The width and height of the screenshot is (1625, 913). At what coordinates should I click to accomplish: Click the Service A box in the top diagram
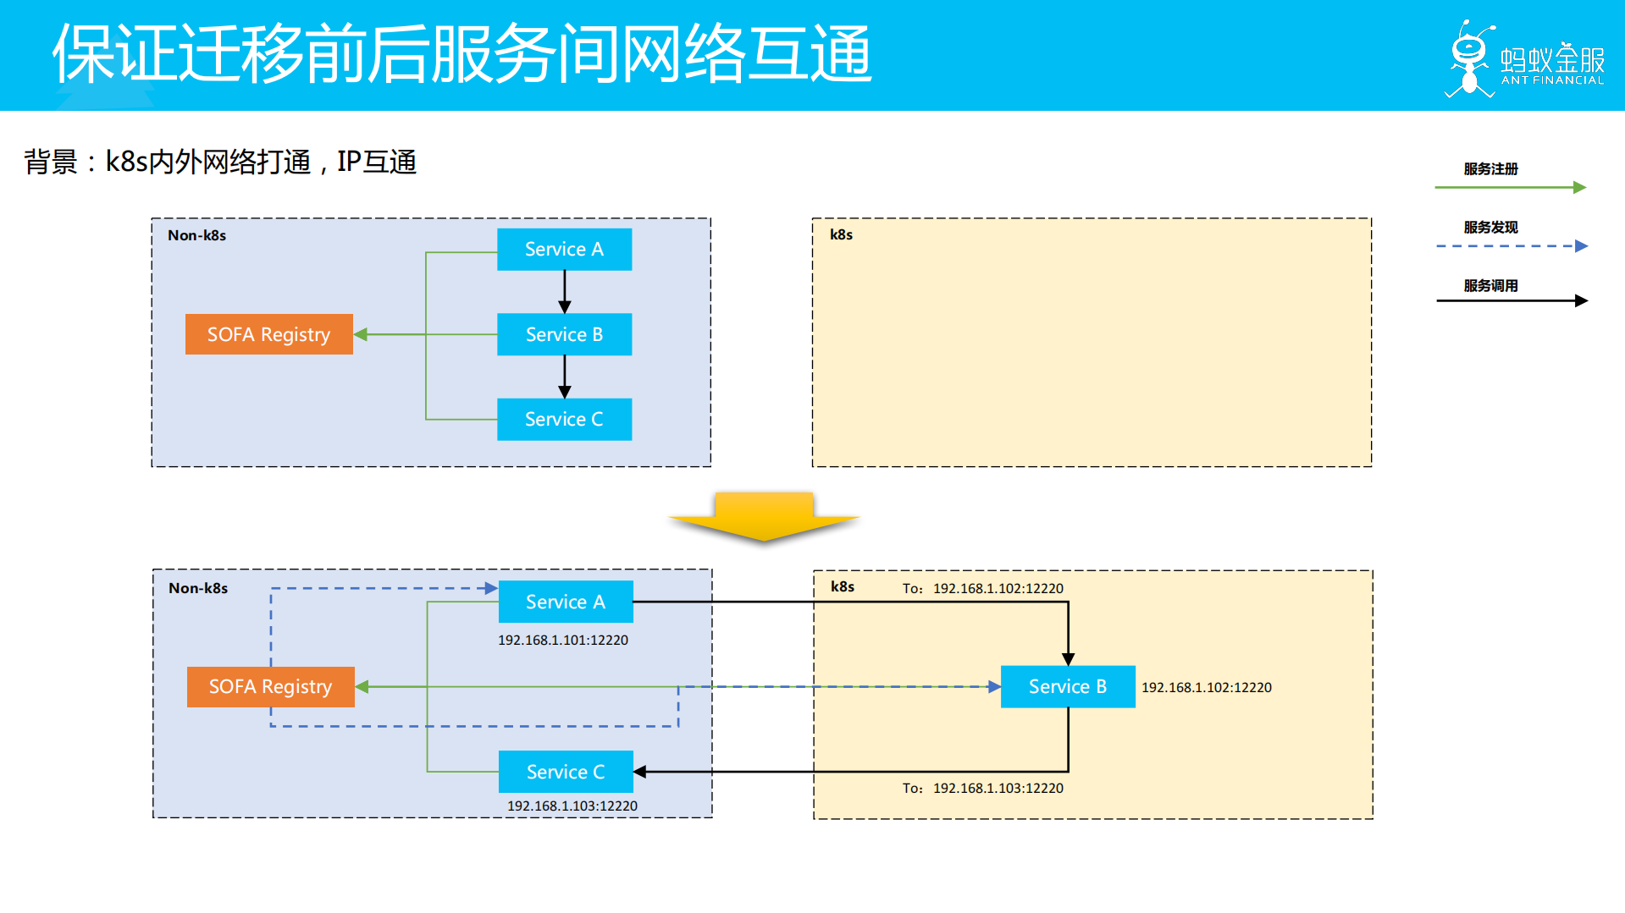pyautogui.click(x=564, y=250)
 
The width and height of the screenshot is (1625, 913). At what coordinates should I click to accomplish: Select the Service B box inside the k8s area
pyautogui.click(x=1067, y=686)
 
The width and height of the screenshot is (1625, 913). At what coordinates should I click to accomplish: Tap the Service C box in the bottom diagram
pyautogui.click(x=565, y=772)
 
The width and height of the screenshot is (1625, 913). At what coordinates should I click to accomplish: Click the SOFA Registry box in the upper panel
pyautogui.click(x=268, y=334)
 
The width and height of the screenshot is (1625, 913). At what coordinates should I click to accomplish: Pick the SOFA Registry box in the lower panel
pyautogui.click(x=270, y=686)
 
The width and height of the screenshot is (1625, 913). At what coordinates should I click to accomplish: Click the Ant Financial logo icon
pyautogui.click(x=1469, y=59)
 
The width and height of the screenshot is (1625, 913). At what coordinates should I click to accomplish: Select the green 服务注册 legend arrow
pyautogui.click(x=1510, y=187)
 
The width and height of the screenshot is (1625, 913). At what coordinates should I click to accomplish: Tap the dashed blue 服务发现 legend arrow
pyautogui.click(x=1511, y=246)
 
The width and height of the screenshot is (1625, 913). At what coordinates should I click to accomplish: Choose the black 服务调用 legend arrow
pyautogui.click(x=1511, y=300)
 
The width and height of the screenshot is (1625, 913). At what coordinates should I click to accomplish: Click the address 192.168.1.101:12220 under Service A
pyautogui.click(x=563, y=641)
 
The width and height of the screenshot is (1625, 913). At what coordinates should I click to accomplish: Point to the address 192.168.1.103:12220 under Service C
pyautogui.click(x=572, y=806)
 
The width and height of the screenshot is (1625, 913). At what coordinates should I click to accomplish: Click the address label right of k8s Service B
pyautogui.click(x=1206, y=687)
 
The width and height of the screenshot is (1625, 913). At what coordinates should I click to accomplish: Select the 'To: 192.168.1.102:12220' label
pyautogui.click(x=982, y=588)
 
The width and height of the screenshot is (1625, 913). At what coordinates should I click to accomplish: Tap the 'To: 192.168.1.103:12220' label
pyautogui.click(x=982, y=788)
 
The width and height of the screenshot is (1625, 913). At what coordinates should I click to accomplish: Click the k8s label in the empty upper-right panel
pyautogui.click(x=841, y=234)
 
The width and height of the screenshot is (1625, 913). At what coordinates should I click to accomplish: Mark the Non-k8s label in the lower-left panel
pyautogui.click(x=198, y=588)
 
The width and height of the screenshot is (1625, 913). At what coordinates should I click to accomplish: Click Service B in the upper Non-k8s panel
pyautogui.click(x=564, y=334)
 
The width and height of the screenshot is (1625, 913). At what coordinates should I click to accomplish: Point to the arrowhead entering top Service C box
pyautogui.click(x=565, y=392)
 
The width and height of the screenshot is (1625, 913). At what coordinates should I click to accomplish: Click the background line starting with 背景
pyautogui.click(x=220, y=162)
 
